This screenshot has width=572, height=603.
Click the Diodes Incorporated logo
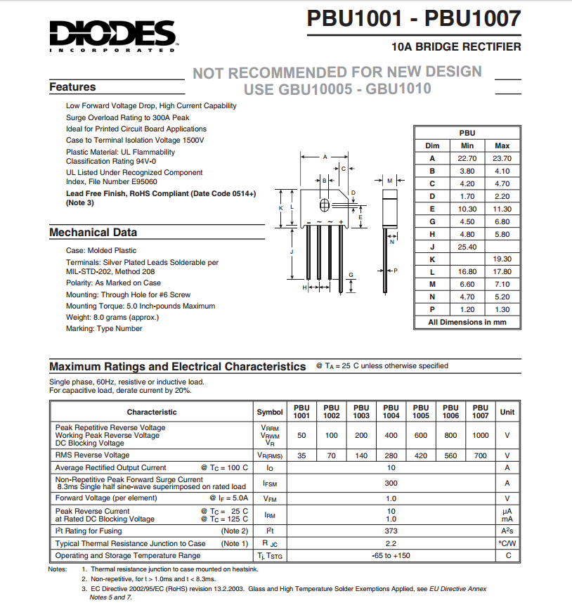112,35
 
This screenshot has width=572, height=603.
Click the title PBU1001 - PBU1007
413,19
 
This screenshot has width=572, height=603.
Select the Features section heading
72,87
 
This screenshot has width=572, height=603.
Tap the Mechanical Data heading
93,233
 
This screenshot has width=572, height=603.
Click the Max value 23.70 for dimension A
502,158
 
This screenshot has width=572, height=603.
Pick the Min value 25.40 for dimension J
467,247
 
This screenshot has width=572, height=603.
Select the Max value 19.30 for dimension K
502,259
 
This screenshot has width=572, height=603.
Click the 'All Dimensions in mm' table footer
467,322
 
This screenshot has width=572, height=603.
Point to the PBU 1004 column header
391,411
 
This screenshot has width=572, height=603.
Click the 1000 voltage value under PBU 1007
481,435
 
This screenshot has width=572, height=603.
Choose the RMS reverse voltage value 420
421,455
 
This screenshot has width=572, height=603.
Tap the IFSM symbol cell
270,483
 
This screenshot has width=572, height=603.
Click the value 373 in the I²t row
391,531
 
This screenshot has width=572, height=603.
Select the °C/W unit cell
507,543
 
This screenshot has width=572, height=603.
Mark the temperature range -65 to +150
391,555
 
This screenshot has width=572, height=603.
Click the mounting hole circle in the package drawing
325,205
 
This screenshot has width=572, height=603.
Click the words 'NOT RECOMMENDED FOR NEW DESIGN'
337,72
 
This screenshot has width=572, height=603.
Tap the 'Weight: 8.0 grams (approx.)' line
112,317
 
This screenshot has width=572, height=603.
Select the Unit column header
507,412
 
